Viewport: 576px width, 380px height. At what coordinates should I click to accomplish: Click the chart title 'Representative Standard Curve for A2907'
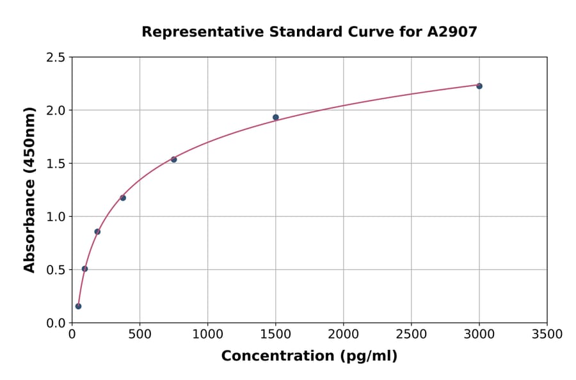[x=309, y=31]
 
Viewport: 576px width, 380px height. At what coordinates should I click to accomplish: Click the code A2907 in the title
[x=452, y=31]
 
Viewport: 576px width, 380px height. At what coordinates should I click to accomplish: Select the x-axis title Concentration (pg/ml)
[x=309, y=356]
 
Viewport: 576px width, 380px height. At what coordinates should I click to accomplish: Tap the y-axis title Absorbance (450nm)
[x=29, y=189]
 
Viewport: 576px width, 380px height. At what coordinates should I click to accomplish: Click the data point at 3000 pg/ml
[x=479, y=86]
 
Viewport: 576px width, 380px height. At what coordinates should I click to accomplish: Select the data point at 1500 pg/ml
[x=276, y=117]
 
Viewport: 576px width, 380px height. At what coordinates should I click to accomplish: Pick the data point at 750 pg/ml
[x=173, y=159]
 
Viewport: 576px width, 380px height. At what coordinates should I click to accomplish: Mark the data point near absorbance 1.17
[x=123, y=198]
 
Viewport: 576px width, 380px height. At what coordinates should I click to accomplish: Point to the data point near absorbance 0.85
[x=97, y=232]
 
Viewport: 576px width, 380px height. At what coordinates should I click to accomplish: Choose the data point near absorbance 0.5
[x=84, y=269]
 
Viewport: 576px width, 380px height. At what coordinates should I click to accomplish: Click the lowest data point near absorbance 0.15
[x=78, y=306]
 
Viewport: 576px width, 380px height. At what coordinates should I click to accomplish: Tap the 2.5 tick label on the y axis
[x=56, y=58]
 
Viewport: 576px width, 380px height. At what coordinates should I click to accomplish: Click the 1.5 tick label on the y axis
[x=56, y=164]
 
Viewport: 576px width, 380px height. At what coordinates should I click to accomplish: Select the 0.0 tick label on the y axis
[x=56, y=323]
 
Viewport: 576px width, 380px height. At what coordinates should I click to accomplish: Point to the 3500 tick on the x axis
[x=547, y=335]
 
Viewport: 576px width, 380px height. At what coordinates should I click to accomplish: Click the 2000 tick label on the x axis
[x=343, y=335]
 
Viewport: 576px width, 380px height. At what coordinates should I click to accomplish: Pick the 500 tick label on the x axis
[x=140, y=335]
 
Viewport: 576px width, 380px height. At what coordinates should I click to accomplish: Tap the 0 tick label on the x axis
[x=72, y=335]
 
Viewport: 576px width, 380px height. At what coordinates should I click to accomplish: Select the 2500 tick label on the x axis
[x=412, y=335]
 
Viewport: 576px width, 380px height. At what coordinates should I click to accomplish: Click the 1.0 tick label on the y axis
[x=56, y=217]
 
